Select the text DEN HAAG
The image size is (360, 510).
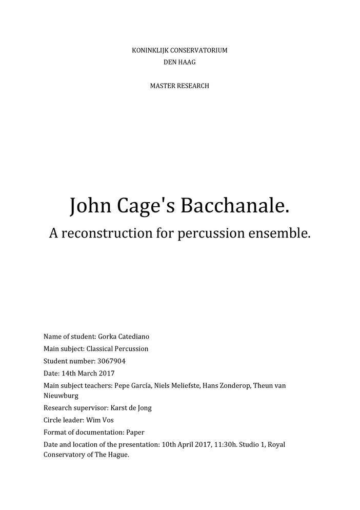click(x=179, y=62)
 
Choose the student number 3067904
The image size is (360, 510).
click(x=111, y=361)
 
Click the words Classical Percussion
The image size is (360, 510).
click(x=117, y=349)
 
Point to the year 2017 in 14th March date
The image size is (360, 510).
click(x=106, y=373)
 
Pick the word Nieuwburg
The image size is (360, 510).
click(x=61, y=396)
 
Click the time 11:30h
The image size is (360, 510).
click(x=224, y=444)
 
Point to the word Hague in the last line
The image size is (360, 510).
click(x=116, y=455)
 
